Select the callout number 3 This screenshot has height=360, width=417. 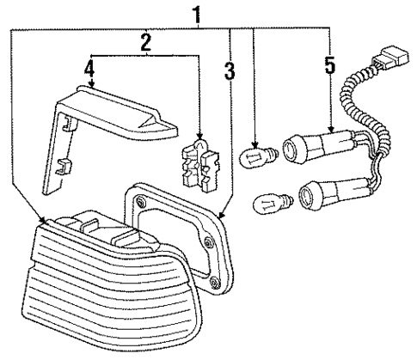point(229,71)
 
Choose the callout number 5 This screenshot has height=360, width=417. point(330,65)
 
